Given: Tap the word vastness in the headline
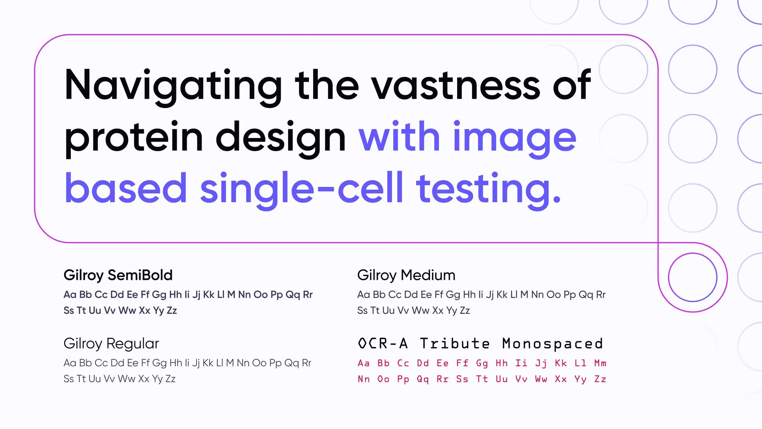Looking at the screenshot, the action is click(456, 85).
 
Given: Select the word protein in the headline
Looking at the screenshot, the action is click(134, 139).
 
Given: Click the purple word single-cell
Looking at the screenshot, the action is click(301, 189).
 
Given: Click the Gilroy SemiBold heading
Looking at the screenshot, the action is click(118, 275).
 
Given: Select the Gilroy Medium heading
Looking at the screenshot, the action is click(406, 275).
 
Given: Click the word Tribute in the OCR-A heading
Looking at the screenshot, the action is click(455, 344).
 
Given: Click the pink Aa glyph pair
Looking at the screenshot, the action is click(364, 363).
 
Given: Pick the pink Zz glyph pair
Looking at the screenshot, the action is click(600, 379).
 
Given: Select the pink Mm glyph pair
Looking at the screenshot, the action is click(600, 363).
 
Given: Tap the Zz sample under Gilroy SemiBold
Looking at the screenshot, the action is click(171, 310).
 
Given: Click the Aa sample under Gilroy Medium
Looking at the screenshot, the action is click(363, 294).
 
